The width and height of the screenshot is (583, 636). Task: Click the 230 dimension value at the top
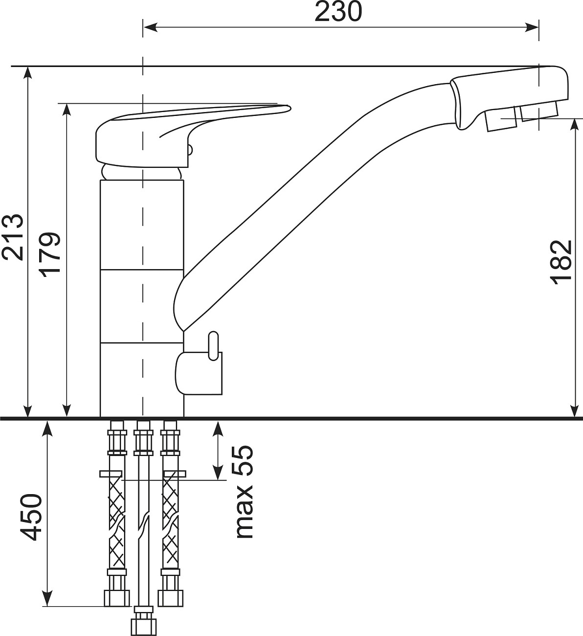(338, 12)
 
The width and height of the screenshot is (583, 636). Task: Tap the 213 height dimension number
(12, 237)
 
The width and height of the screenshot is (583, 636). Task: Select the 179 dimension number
(50, 254)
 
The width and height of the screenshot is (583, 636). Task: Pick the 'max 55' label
(244, 492)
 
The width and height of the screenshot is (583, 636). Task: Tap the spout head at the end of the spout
(509, 98)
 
